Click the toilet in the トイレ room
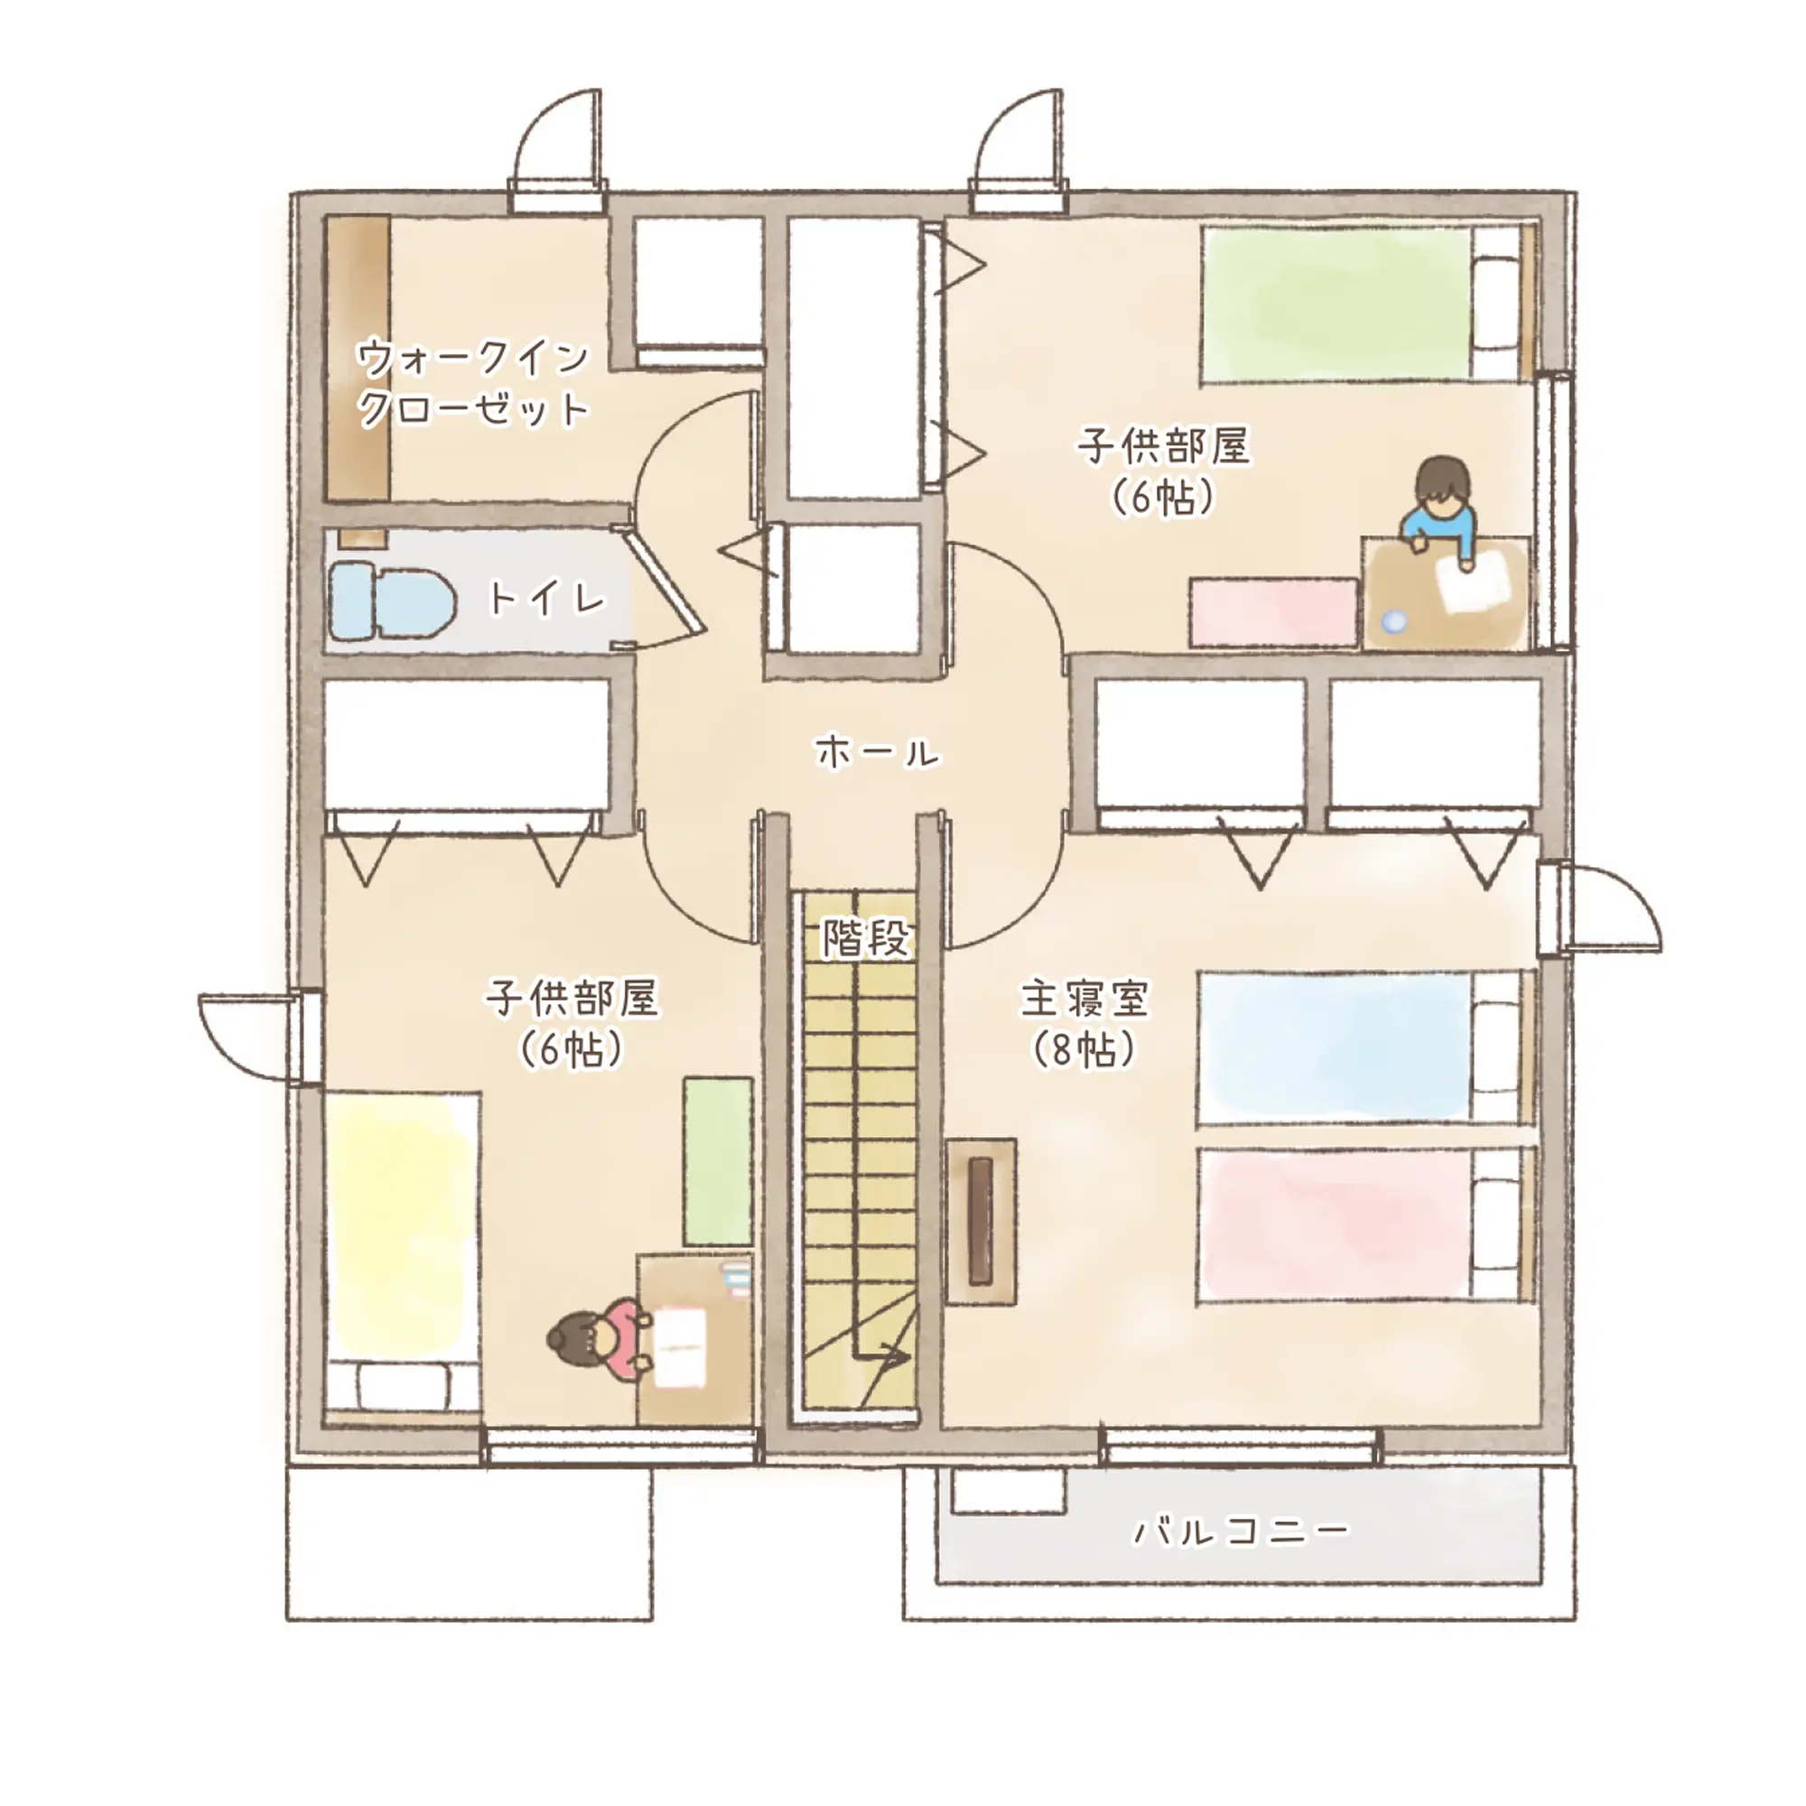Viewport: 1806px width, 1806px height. pos(392,600)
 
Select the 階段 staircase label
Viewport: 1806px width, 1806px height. pos(866,937)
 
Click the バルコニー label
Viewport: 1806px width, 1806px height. pos(1242,1531)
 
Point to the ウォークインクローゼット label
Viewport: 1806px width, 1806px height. pos(473,383)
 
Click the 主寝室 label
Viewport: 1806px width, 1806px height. pos(1085,999)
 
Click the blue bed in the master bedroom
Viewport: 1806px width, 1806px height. pos(1365,1046)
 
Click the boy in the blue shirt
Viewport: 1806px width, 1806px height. pos(1442,511)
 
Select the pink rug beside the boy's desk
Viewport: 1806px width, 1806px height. pos(1274,612)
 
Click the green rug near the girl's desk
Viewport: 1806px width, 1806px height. pos(718,1162)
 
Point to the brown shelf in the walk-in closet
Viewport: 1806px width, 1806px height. pos(357,358)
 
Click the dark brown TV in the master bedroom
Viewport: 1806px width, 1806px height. pos(981,1221)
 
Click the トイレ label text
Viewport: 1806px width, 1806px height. pos(547,599)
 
